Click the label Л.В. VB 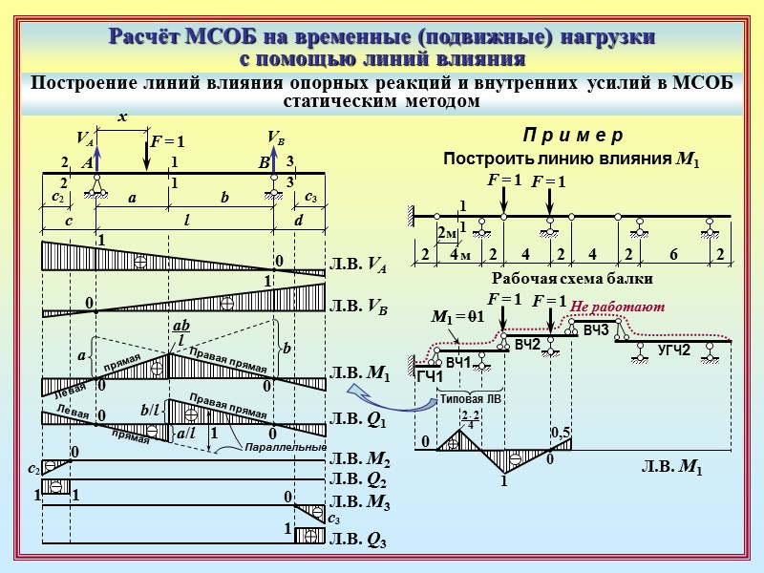click(358, 307)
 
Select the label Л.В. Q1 click(358, 418)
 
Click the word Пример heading click(574, 135)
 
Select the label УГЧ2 click(673, 350)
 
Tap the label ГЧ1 click(430, 377)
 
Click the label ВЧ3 click(595, 330)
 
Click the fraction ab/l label click(179, 333)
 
